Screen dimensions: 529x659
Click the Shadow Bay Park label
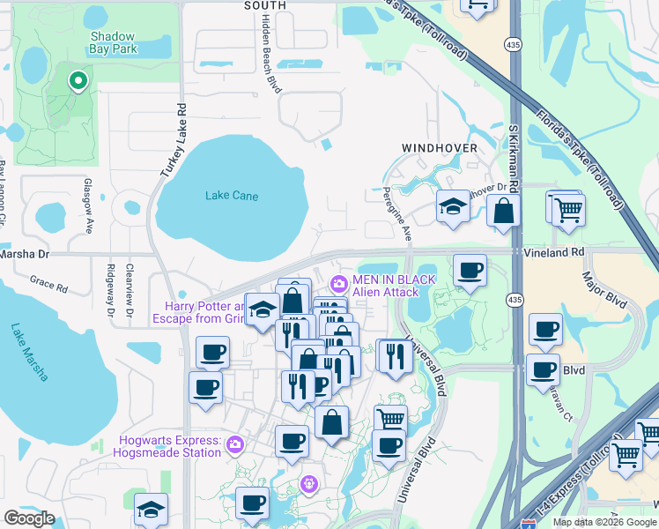pyautogui.click(x=114, y=42)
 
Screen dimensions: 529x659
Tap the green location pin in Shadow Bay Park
pyautogui.click(x=78, y=82)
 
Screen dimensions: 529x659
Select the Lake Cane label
pyautogui.click(x=232, y=196)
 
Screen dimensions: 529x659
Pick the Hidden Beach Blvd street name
pyautogui.click(x=264, y=55)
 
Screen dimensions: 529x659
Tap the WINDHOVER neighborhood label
pyautogui.click(x=440, y=147)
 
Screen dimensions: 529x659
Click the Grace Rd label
pyautogui.click(x=48, y=287)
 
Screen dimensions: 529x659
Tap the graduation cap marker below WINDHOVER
pyautogui.click(x=453, y=208)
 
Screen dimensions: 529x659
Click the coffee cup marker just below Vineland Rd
pyautogui.click(x=469, y=271)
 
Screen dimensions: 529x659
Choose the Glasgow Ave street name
pyautogui.click(x=88, y=214)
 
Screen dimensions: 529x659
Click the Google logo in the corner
pyautogui.click(x=29, y=518)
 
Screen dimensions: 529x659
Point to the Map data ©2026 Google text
pyautogui.click(x=603, y=522)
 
